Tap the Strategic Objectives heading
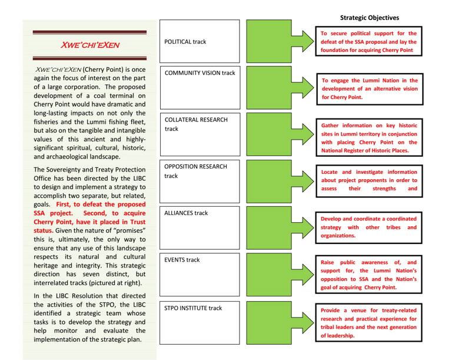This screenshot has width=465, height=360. [x=369, y=18]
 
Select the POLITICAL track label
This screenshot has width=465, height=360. [x=187, y=42]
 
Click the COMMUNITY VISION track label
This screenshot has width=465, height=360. [x=200, y=73]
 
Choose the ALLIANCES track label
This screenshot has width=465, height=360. [x=186, y=213]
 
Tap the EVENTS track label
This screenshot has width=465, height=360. [x=182, y=260]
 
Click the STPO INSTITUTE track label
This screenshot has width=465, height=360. [x=193, y=308]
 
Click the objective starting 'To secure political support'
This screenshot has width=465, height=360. [x=368, y=42]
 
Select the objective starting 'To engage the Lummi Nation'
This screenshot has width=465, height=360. [x=370, y=89]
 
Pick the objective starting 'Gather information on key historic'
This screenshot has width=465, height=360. [x=369, y=138]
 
